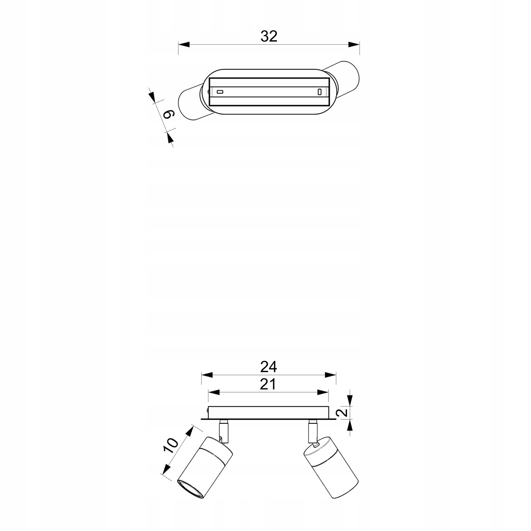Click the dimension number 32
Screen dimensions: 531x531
[x=269, y=36]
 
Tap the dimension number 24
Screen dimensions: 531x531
[x=268, y=366]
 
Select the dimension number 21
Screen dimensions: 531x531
[x=268, y=384]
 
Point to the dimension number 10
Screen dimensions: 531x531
[x=171, y=445]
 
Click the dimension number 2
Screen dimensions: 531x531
[x=343, y=412]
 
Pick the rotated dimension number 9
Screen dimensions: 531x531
[x=168, y=115]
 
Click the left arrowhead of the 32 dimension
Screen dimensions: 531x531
[x=183, y=44]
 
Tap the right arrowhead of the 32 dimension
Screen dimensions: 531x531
[x=354, y=44]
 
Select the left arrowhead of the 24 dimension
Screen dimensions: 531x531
[x=207, y=375]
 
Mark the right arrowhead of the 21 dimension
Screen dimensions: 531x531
[x=323, y=392]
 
